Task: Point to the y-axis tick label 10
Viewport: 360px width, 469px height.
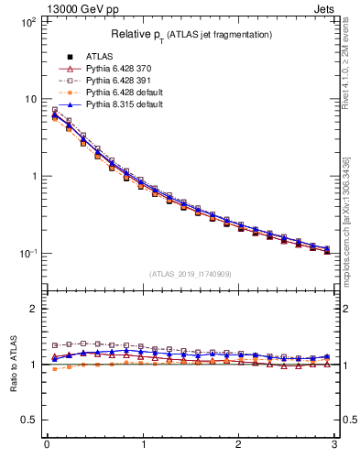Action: tap(29, 99)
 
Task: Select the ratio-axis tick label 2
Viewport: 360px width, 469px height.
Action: tap(33, 309)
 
